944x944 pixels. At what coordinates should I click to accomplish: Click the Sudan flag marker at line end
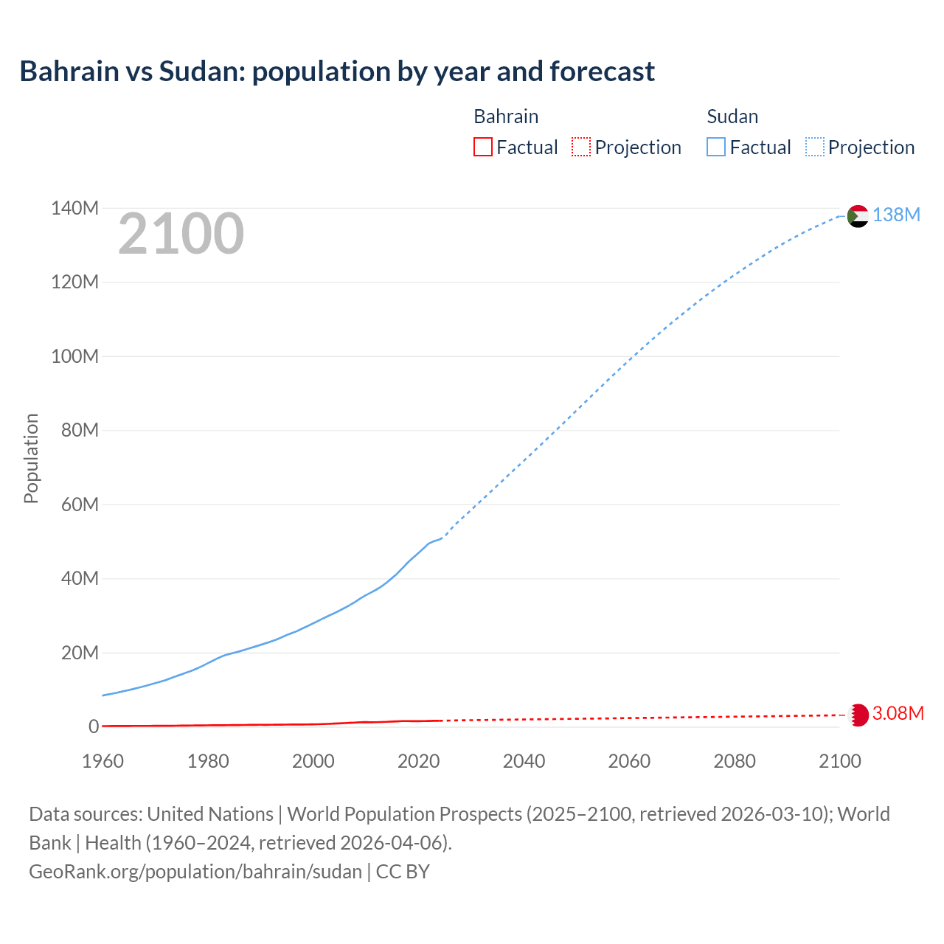(858, 216)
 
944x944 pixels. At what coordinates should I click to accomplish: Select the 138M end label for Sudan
(896, 215)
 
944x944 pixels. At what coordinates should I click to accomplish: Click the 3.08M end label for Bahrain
(898, 713)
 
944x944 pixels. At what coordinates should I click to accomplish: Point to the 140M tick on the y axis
(74, 209)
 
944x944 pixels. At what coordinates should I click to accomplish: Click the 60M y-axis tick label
(80, 505)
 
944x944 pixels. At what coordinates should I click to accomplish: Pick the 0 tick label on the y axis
(94, 727)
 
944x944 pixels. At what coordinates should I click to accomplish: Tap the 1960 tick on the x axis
(103, 761)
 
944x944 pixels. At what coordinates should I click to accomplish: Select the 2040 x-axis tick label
(524, 761)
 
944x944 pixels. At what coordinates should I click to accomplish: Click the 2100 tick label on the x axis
(839, 761)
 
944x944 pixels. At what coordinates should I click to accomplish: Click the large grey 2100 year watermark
(181, 234)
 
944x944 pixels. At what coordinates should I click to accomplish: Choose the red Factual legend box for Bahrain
(482, 147)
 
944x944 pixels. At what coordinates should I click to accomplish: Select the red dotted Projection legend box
(581, 147)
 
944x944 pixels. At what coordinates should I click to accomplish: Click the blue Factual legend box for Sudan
(715, 147)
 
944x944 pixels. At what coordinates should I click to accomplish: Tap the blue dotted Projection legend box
(814, 147)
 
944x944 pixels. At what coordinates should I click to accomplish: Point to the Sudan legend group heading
(732, 117)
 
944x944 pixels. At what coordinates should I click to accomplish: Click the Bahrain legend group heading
(506, 117)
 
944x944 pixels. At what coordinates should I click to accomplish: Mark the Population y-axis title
(31, 458)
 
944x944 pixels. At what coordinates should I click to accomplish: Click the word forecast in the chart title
(602, 72)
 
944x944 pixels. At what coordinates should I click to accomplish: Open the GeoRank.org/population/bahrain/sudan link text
(195, 872)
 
